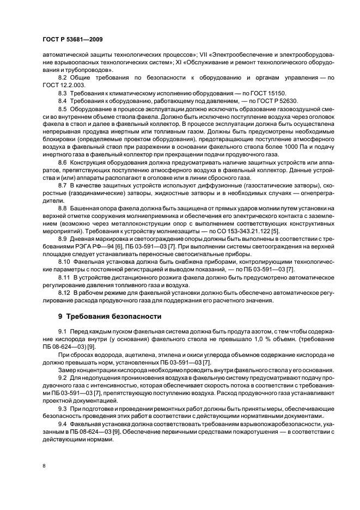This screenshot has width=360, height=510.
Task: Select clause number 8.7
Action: pyautogui.click(x=63, y=185)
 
